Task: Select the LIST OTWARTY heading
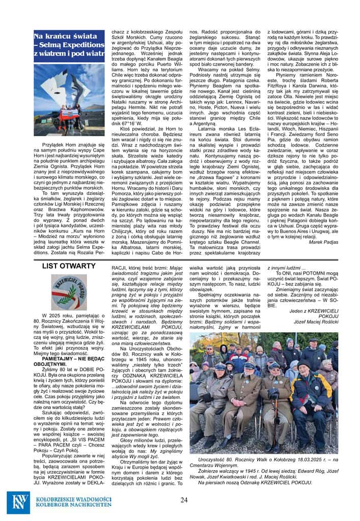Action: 68,266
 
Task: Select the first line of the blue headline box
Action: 65,37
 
